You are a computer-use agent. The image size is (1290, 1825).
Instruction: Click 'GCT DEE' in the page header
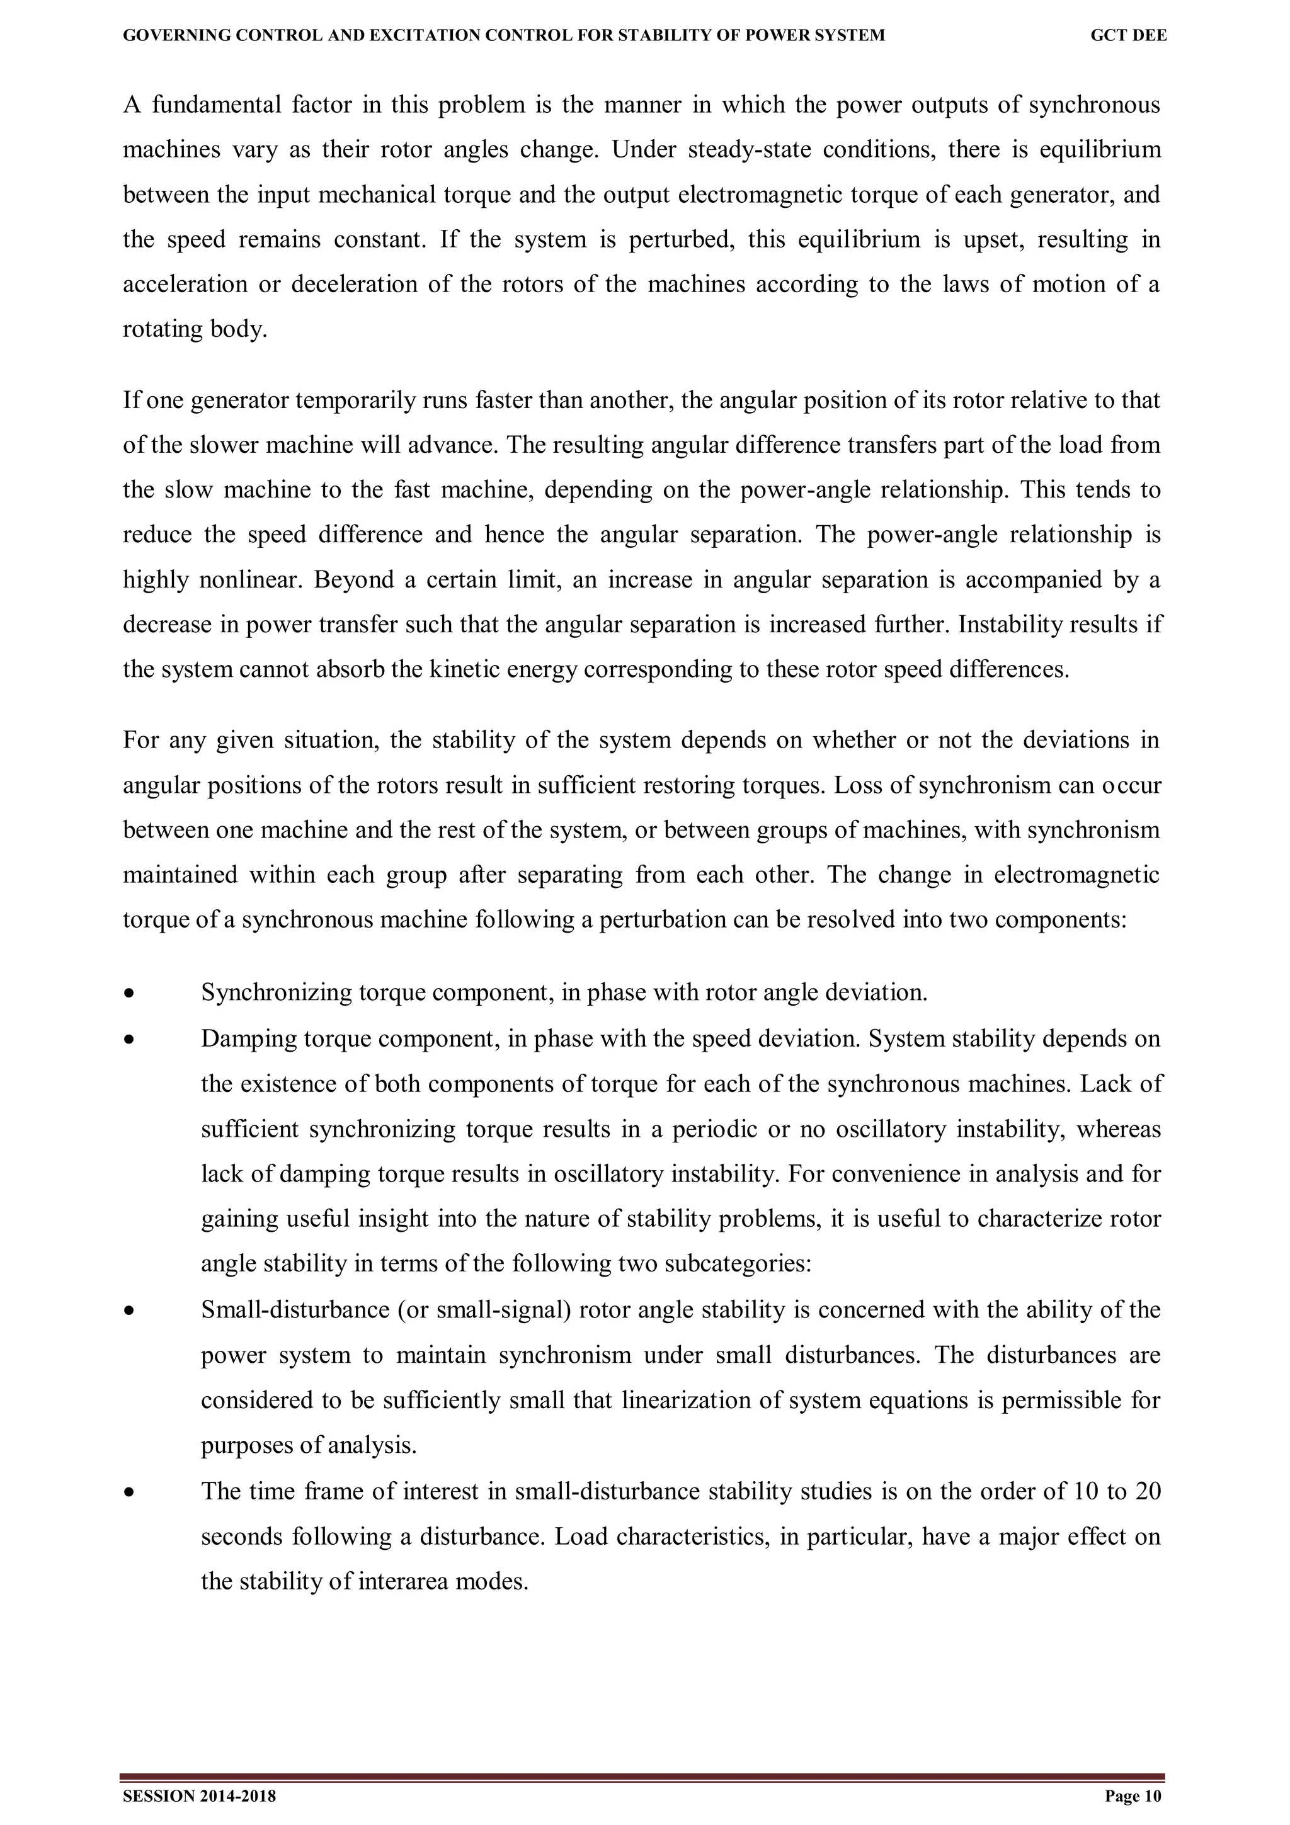tap(1128, 36)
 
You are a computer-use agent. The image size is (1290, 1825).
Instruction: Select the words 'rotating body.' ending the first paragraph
tap(195, 329)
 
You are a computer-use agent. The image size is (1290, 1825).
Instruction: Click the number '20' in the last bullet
tap(1148, 1491)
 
